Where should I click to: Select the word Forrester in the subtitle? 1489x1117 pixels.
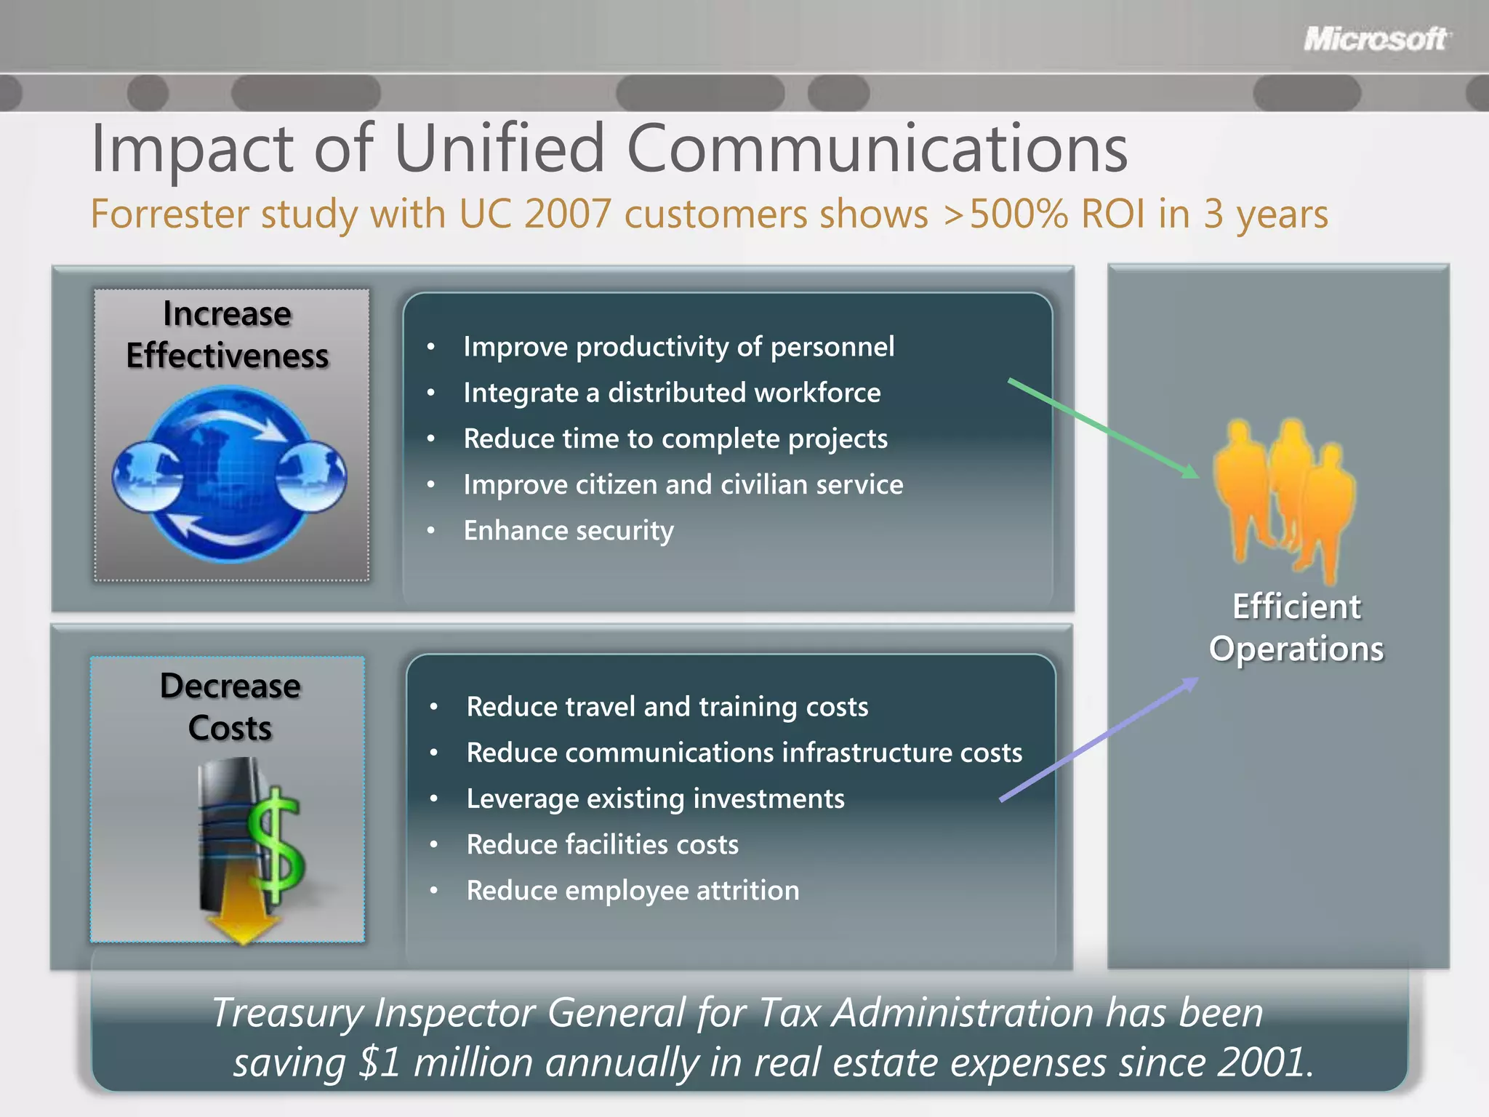[x=169, y=214]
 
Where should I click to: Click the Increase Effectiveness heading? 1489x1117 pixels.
[x=228, y=335]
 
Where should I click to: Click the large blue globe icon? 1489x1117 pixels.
[x=230, y=474]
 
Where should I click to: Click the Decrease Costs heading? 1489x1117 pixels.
[x=230, y=707]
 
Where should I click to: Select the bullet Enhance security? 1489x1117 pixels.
[x=569, y=530]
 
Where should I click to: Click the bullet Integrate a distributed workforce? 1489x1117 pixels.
[x=672, y=393]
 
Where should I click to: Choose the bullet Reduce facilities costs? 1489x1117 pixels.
[x=602, y=844]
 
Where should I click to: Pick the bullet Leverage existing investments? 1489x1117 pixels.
[x=655, y=798]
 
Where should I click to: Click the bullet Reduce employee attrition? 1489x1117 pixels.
[x=633, y=890]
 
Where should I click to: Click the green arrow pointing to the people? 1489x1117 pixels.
[x=1101, y=428]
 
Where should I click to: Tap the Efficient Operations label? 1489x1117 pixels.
[x=1296, y=628]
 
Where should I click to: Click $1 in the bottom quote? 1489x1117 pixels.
[x=380, y=1062]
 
